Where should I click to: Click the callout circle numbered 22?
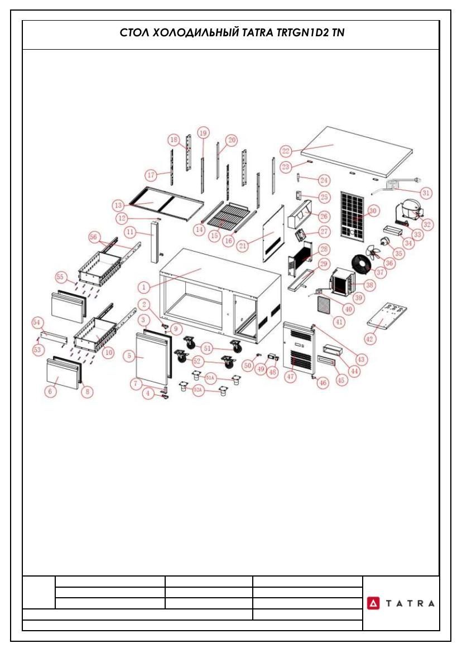tap(286, 151)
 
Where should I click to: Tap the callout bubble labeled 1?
tap(144, 287)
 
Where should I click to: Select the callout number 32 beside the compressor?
tap(427, 224)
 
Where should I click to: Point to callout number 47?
tap(290, 377)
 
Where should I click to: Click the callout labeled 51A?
tap(210, 378)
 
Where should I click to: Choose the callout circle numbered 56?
tap(94, 237)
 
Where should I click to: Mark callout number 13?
tap(118, 205)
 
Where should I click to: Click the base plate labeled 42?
tap(387, 318)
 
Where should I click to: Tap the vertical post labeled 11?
tap(154, 243)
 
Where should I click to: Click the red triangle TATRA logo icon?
tap(373, 603)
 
